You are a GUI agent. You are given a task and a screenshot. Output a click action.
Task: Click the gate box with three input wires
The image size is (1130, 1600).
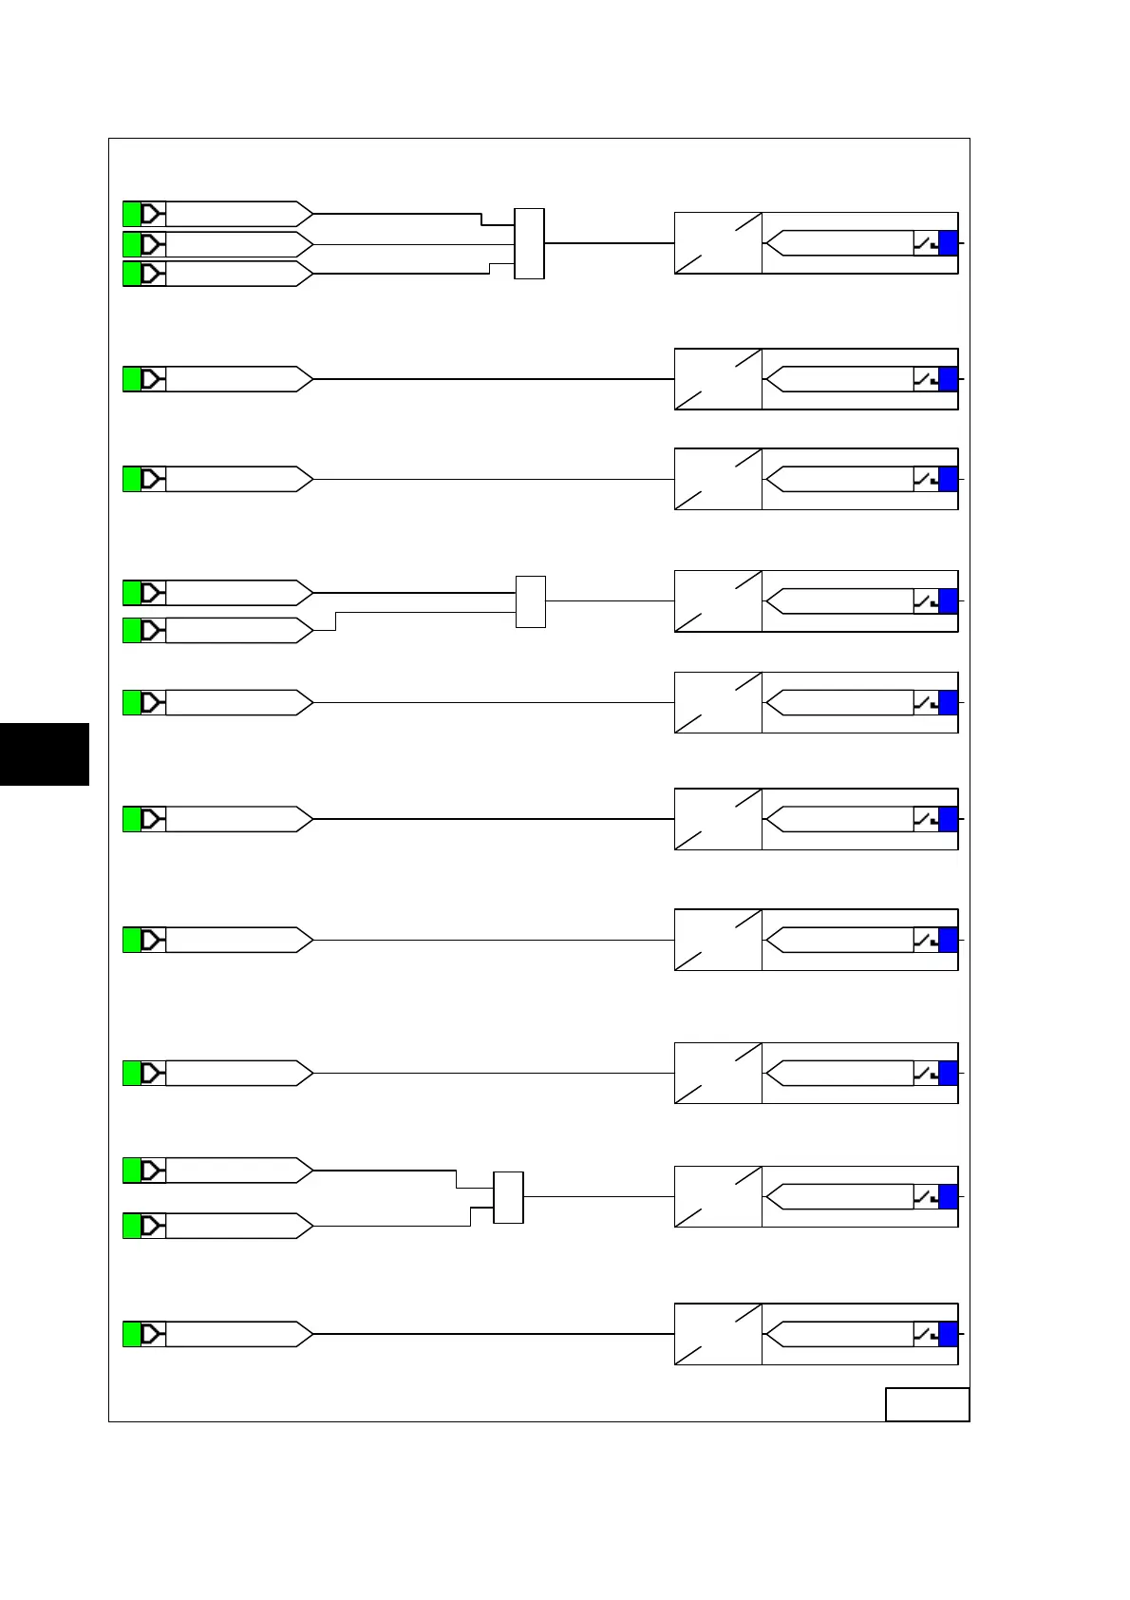coord(529,243)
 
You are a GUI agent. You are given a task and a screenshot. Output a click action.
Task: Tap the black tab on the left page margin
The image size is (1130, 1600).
coord(45,753)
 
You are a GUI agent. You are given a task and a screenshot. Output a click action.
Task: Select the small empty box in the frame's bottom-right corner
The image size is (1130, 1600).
coord(927,1404)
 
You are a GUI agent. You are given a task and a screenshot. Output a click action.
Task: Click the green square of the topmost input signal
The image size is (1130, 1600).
coord(132,214)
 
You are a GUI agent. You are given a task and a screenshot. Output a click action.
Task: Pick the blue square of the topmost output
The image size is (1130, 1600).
coord(948,243)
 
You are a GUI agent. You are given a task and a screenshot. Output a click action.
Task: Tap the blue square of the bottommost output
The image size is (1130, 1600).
coord(948,1334)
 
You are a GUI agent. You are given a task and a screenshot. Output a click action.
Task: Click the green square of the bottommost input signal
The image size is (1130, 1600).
coord(132,1334)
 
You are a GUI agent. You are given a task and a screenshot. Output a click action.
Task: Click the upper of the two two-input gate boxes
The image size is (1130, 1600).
coord(531,601)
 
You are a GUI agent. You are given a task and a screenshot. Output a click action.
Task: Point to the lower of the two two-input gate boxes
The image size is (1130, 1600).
coord(508,1197)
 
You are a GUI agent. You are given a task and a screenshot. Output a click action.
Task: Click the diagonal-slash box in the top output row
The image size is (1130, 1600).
coord(718,243)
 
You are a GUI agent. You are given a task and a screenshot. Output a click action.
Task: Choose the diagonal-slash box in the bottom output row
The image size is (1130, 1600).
coord(718,1334)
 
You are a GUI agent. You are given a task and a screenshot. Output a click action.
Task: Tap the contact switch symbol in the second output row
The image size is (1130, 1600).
coord(925,379)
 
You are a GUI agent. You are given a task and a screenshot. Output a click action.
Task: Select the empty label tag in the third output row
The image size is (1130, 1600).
coord(840,479)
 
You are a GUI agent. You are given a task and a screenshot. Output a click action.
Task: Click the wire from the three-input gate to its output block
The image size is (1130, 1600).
coord(609,243)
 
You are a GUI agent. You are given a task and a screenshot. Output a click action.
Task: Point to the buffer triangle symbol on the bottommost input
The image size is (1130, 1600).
coord(153,1334)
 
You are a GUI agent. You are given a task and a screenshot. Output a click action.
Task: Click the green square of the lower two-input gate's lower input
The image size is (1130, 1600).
coord(132,1226)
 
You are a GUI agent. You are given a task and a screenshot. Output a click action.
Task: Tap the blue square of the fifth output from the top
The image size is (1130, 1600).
coord(948,703)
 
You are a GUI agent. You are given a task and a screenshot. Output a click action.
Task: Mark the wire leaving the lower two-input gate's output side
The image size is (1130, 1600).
coord(598,1197)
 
